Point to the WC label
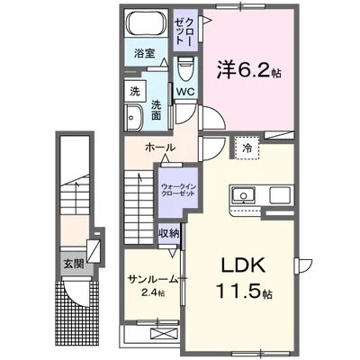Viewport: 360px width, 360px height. click(x=185, y=92)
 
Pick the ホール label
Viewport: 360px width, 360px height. click(x=158, y=147)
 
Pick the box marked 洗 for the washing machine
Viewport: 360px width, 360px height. click(x=135, y=91)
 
